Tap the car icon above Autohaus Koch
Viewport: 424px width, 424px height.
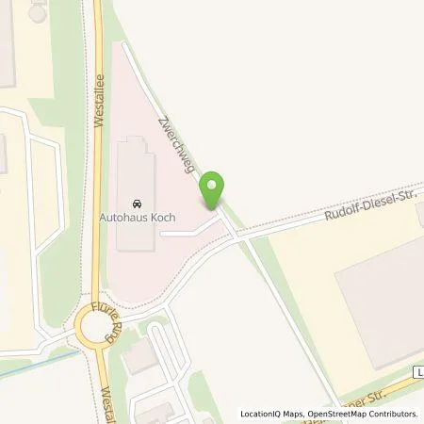138,203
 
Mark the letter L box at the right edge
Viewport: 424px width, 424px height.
418,374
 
